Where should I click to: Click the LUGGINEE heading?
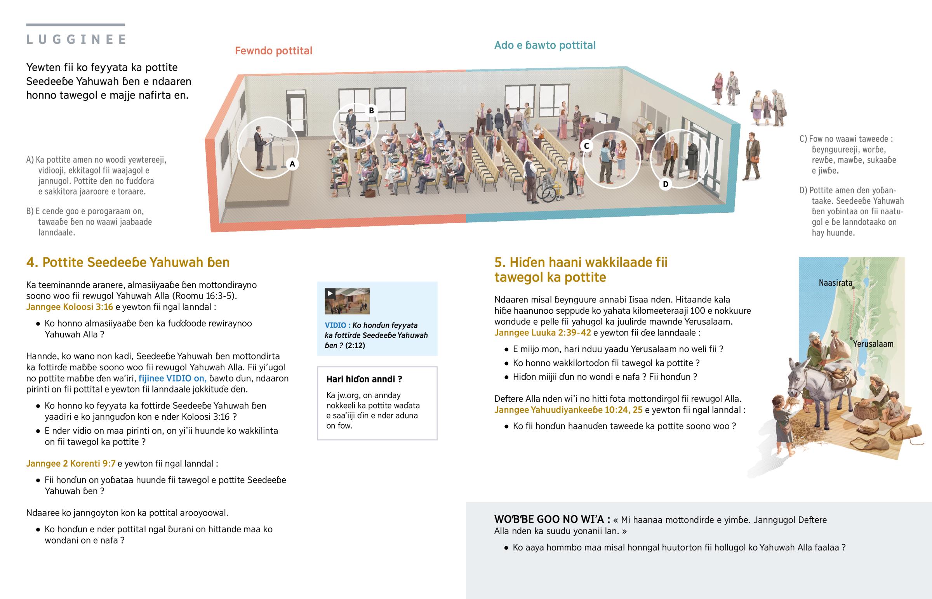point(76,39)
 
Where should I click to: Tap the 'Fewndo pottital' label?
point(273,51)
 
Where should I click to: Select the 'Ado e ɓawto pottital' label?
point(544,45)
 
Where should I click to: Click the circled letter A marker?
point(292,164)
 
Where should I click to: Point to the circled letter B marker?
point(371,111)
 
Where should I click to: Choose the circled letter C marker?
point(586,146)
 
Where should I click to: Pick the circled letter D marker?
point(665,184)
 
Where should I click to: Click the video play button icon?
point(330,293)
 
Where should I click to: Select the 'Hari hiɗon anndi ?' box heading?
point(364,379)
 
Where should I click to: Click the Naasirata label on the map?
point(835,283)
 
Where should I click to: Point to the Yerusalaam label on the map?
point(873,344)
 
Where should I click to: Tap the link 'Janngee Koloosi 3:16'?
point(70,307)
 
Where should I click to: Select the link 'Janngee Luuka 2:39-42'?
point(542,333)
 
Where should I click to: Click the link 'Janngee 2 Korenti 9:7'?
point(71,464)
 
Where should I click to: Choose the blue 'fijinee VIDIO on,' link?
point(172,378)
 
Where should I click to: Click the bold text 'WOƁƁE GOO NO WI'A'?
point(552,519)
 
